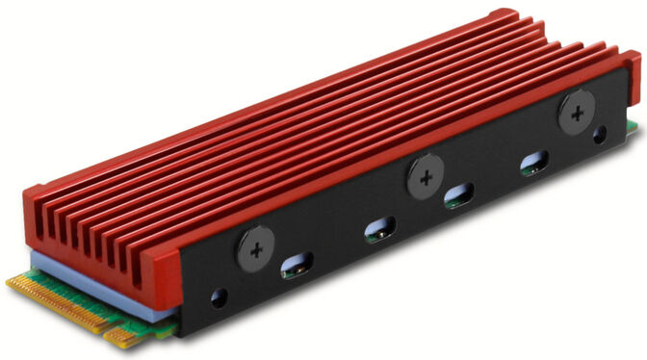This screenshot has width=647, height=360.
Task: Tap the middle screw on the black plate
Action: click(424, 177)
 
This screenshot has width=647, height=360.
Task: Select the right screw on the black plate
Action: click(576, 115)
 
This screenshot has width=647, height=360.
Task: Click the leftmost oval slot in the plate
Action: click(297, 265)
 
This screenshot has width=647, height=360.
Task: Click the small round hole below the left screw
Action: click(219, 297)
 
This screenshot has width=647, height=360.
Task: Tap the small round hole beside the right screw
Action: click(602, 134)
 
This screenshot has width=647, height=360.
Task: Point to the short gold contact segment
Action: click(124, 335)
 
